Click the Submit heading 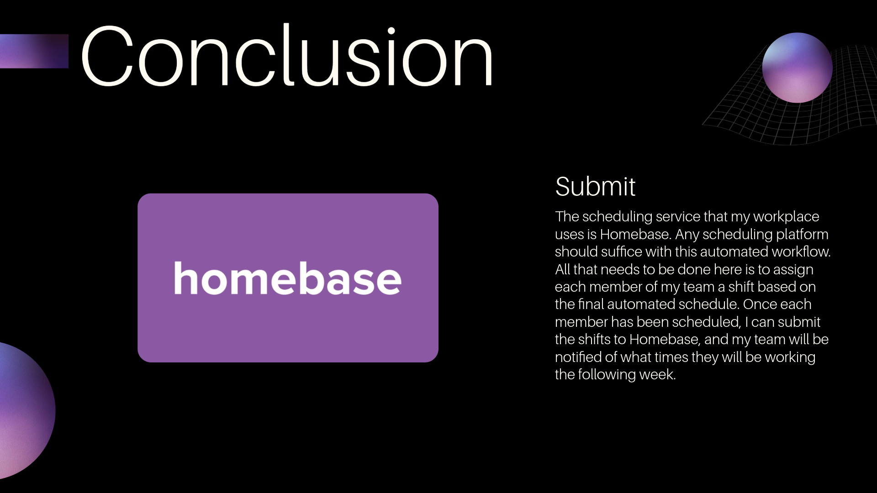[595, 186]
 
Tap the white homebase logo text [288, 278]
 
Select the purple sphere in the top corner [797, 68]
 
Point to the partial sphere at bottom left [25, 411]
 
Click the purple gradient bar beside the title [34, 51]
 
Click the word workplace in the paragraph [786, 217]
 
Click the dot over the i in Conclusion [391, 31]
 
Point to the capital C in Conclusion [107, 55]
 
